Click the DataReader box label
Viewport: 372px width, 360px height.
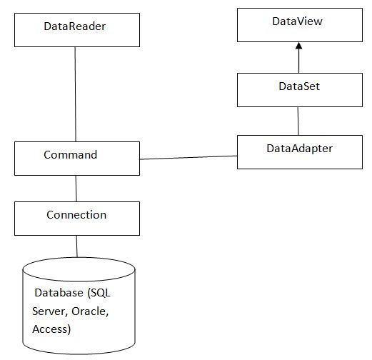(75, 26)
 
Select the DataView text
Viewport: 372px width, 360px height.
(297, 21)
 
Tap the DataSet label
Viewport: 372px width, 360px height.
(299, 86)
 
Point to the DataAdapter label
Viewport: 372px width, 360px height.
(299, 149)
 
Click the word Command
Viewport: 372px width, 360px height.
(71, 155)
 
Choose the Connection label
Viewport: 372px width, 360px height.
(76, 215)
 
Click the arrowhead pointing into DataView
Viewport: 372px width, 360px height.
(299, 46)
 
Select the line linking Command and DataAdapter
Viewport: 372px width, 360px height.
(188, 157)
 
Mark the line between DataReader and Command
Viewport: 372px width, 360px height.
(76, 94)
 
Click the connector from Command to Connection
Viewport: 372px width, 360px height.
(76, 189)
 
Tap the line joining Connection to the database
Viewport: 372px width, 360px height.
(77, 246)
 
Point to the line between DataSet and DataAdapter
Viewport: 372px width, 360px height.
(298, 121)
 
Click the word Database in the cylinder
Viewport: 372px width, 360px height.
(59, 293)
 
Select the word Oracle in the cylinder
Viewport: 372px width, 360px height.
(90, 311)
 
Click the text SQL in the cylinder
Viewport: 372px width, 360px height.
(99, 293)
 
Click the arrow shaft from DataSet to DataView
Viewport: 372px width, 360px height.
(299, 61)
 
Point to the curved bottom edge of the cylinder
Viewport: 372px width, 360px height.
(79, 354)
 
